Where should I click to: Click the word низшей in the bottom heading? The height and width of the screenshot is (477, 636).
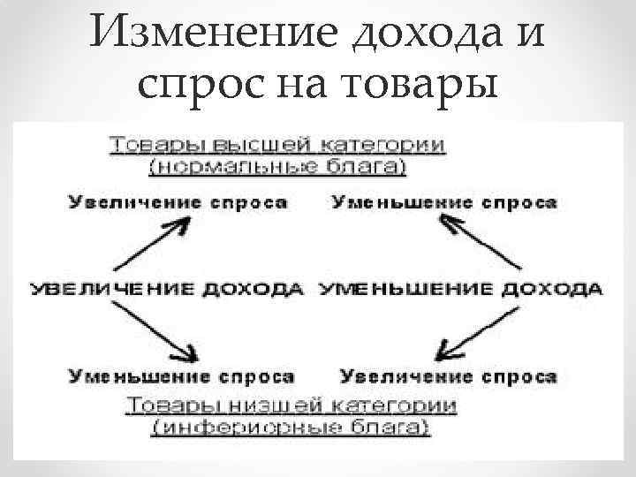[258, 408]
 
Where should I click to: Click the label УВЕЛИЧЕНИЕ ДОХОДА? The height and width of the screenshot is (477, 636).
[168, 290]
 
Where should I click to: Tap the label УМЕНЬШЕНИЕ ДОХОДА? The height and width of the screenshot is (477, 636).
[459, 290]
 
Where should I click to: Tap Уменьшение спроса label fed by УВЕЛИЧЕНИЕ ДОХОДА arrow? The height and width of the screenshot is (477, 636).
[181, 377]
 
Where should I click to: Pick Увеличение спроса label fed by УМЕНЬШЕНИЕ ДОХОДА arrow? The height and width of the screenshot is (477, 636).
[448, 377]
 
